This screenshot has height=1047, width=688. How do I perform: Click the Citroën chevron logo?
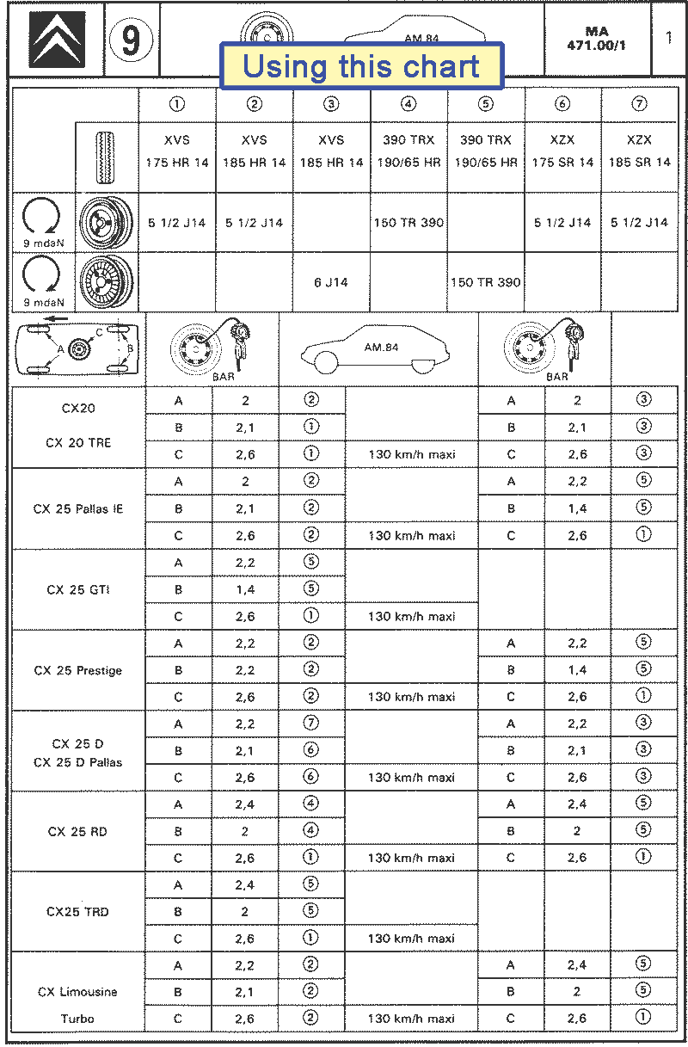coord(57,40)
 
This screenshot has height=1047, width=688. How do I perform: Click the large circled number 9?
coord(132,40)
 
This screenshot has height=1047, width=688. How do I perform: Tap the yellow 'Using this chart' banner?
coord(361,66)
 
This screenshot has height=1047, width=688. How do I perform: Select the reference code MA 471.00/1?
coord(596,39)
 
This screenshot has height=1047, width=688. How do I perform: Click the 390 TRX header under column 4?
coord(408,151)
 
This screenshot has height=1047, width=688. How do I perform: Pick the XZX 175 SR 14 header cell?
coord(562,151)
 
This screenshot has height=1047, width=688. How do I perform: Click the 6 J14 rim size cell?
coord(331,282)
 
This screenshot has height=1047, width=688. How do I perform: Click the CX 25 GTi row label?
coord(78,590)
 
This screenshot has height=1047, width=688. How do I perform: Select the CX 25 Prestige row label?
coord(78,670)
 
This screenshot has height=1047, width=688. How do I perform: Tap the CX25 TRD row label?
coord(78,912)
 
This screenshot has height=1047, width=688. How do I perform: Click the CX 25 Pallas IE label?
coord(78,508)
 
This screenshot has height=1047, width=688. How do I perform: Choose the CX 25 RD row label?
coord(78,832)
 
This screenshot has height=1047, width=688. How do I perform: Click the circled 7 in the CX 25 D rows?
coord(311,724)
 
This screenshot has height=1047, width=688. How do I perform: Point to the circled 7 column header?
coord(639,104)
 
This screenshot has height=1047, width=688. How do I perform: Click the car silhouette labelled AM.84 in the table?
coord(378,348)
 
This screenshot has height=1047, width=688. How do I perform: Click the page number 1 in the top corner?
coord(669,38)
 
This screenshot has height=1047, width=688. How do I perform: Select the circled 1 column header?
coord(177,104)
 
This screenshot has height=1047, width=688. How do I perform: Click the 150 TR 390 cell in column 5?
coord(486,282)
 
